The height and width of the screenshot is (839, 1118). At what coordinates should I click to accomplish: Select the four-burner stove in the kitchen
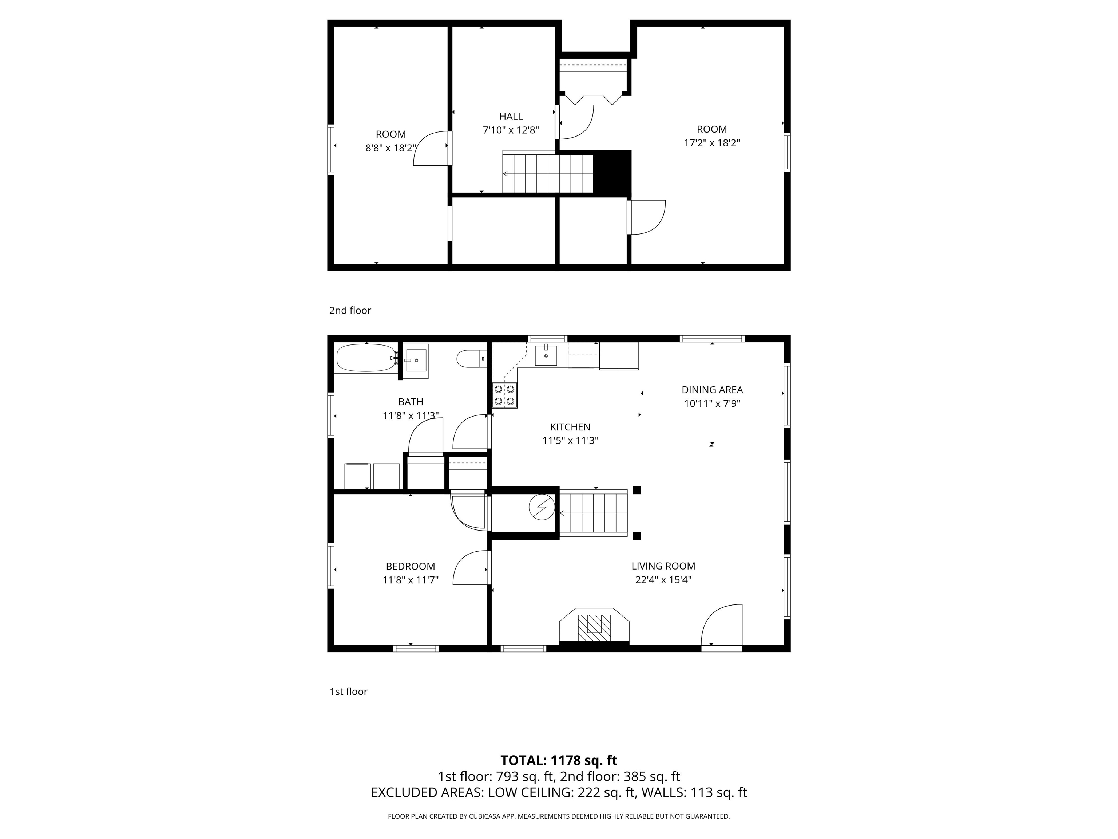[x=505, y=395]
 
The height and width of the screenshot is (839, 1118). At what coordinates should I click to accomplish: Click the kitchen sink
[x=546, y=355]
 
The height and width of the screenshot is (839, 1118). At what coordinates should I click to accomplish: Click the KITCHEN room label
[x=570, y=427]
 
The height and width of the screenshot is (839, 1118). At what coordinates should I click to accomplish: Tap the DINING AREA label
[x=711, y=389]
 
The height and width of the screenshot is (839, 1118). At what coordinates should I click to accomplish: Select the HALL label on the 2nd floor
[x=511, y=116]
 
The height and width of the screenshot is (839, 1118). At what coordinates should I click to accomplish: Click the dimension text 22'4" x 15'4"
[x=663, y=580]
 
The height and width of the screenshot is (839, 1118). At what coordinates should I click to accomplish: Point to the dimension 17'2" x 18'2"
[x=711, y=143]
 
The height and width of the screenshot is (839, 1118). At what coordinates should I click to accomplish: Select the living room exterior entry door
[x=722, y=625]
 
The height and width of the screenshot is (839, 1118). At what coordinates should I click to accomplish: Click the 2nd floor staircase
[x=547, y=173]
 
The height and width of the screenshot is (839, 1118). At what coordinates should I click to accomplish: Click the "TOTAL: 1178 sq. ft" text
[x=559, y=760]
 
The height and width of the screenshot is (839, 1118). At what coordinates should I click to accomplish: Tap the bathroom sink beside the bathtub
[x=416, y=360]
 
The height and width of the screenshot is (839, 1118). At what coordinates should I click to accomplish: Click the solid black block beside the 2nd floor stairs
[x=612, y=173]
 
